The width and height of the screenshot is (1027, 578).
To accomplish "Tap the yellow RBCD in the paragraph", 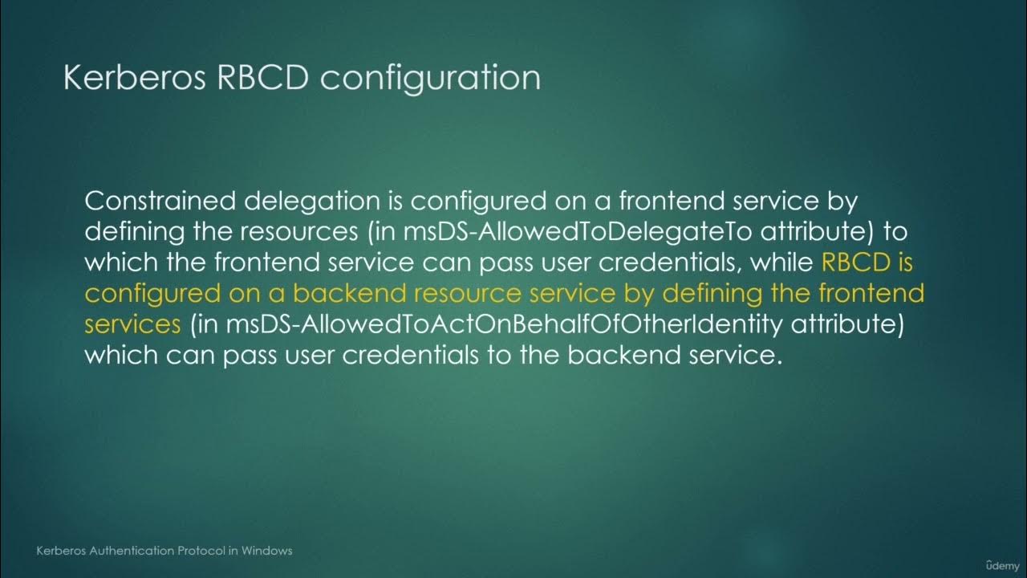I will pos(858,263).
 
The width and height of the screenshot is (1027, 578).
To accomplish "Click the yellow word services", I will pos(132,324).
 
